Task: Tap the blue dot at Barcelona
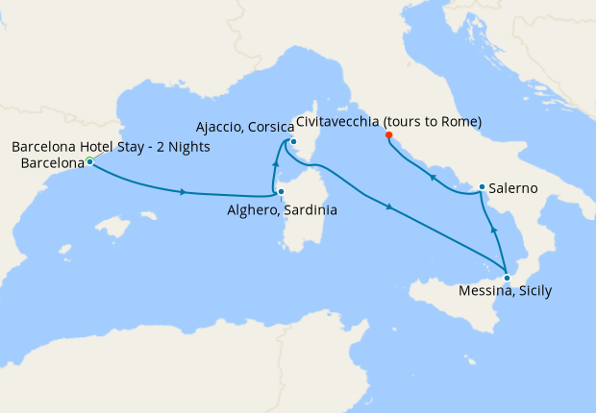click(89, 162)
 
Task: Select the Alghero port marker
click(281, 192)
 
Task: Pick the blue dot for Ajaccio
click(293, 143)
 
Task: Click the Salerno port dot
click(481, 187)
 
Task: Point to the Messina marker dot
click(507, 278)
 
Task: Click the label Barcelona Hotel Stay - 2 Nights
click(111, 147)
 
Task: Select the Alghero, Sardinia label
click(281, 210)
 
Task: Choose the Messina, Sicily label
click(505, 292)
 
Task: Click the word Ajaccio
click(218, 127)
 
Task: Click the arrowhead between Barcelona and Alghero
click(182, 192)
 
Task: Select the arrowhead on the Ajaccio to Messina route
click(389, 206)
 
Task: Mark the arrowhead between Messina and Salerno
click(492, 231)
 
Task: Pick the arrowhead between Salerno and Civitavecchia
click(432, 178)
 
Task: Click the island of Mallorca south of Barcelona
click(114, 229)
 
